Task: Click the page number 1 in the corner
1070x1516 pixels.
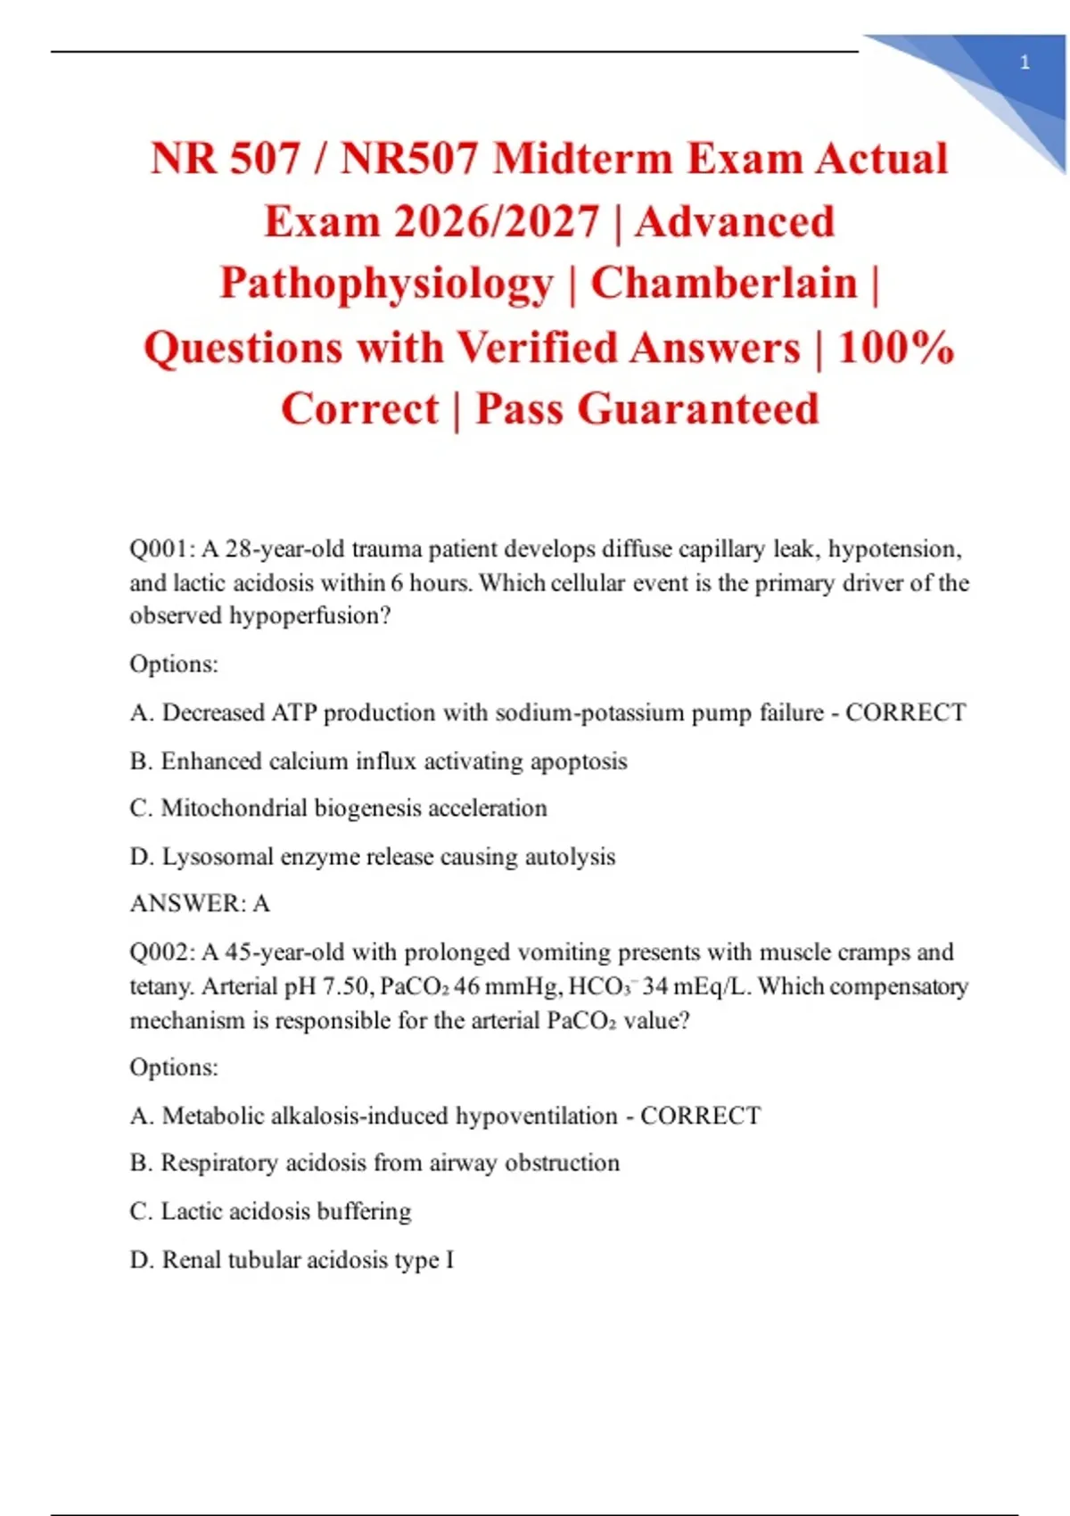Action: [x=1025, y=62]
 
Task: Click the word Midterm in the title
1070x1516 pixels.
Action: [x=582, y=159]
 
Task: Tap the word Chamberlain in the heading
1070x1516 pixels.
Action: [x=724, y=284]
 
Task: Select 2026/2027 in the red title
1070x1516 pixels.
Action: [x=496, y=222]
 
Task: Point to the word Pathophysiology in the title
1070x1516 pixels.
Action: [x=387, y=284]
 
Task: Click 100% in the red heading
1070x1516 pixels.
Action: [x=896, y=347]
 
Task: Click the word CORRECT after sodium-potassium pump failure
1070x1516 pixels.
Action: [x=905, y=713]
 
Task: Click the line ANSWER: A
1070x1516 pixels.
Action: [x=200, y=903]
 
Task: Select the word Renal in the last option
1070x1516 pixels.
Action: [x=191, y=1260]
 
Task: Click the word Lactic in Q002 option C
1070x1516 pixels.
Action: [x=191, y=1211]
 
